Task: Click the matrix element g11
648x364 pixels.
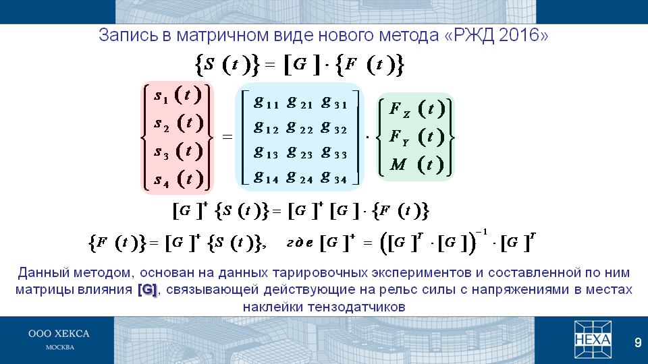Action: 266,102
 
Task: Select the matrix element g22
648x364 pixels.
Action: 300,128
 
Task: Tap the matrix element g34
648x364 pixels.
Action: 334,178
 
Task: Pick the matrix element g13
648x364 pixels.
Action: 266,153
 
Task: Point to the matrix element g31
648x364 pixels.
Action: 334,102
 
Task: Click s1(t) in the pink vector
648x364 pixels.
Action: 178,95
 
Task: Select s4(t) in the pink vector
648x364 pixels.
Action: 178,179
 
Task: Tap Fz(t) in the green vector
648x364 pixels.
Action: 417,109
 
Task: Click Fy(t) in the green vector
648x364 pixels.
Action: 417,137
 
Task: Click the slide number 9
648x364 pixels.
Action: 638,342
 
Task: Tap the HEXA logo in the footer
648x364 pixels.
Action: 593,340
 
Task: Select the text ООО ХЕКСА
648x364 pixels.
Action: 59,334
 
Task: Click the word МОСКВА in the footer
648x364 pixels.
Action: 60,348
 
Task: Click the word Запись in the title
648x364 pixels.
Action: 128,36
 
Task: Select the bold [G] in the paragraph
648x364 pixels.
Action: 147,290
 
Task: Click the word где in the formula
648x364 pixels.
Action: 300,243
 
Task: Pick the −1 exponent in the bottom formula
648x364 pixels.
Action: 481,232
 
